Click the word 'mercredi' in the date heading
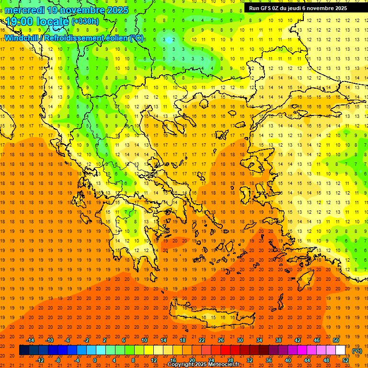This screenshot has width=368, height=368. (24, 10)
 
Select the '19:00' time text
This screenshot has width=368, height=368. (20, 22)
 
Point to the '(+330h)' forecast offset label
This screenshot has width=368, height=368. (85, 22)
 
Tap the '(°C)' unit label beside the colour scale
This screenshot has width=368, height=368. (357, 351)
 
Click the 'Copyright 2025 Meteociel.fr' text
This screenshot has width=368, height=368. (203, 365)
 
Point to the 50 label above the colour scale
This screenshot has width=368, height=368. (335, 340)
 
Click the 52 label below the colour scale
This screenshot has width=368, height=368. (345, 360)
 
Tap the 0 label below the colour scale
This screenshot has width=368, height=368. (95, 360)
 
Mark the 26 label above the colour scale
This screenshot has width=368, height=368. (221, 340)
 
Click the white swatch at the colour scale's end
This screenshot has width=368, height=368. (341, 350)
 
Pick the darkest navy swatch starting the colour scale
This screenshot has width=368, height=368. (24, 350)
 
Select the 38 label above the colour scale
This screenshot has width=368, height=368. (278, 340)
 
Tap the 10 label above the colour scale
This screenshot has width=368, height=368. (144, 340)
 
